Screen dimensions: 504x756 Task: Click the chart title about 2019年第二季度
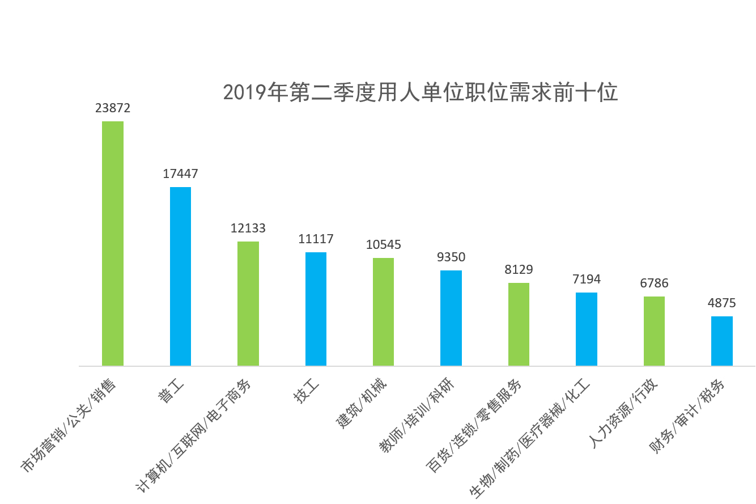pyautogui.click(x=420, y=92)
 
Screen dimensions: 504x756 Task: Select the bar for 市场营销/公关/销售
pyautogui.click(x=113, y=244)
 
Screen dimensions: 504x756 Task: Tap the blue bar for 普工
pyautogui.click(x=180, y=276)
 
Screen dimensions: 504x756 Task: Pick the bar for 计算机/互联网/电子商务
pyautogui.click(x=248, y=303)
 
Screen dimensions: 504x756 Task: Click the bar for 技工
pyautogui.click(x=316, y=309)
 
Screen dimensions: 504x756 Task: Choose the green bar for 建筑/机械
pyautogui.click(x=383, y=312)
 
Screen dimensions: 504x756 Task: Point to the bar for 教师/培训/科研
pyautogui.click(x=451, y=318)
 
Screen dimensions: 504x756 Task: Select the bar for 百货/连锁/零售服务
pyautogui.click(x=519, y=324)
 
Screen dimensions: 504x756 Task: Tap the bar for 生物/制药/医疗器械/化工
pyautogui.click(x=587, y=329)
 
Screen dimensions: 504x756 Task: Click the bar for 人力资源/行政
pyautogui.click(x=654, y=331)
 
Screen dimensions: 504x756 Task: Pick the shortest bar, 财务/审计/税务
pyautogui.click(x=721, y=341)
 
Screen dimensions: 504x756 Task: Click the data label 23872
pyautogui.click(x=113, y=108)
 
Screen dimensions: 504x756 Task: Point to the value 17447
pyautogui.click(x=180, y=174)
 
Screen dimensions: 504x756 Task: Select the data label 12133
pyautogui.click(x=248, y=228)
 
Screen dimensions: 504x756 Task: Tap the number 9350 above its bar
pyautogui.click(x=451, y=257)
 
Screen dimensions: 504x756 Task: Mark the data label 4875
pyautogui.click(x=721, y=303)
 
